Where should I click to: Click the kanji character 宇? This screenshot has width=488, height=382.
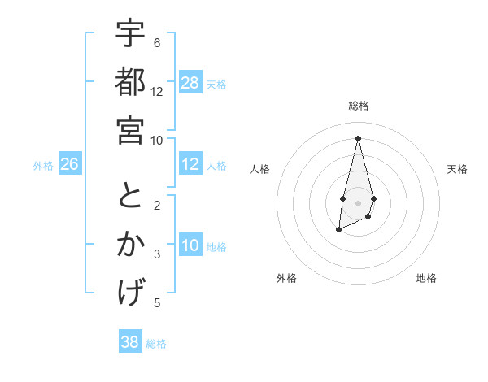pyautogui.click(x=130, y=36)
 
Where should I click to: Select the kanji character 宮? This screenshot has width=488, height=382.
pyautogui.click(x=130, y=129)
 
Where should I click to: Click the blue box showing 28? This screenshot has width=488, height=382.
pyautogui.click(x=190, y=83)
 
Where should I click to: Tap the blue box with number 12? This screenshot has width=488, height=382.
pyautogui.click(x=190, y=165)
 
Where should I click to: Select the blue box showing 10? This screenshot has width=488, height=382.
pyautogui.click(x=190, y=246)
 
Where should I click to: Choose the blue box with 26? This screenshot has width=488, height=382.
pyautogui.click(x=69, y=165)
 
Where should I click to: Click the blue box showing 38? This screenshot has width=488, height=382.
pyautogui.click(x=130, y=342)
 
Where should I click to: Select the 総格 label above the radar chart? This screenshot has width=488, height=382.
pyautogui.click(x=358, y=106)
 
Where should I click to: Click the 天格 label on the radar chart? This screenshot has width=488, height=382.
pyautogui.click(x=457, y=169)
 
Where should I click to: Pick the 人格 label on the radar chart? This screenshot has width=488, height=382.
pyautogui.click(x=259, y=169)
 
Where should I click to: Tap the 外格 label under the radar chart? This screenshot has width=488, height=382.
pyautogui.click(x=286, y=278)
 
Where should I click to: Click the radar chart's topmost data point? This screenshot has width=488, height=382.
pyautogui.click(x=358, y=137)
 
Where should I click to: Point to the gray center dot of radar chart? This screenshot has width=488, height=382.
pyautogui.click(x=358, y=202)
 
